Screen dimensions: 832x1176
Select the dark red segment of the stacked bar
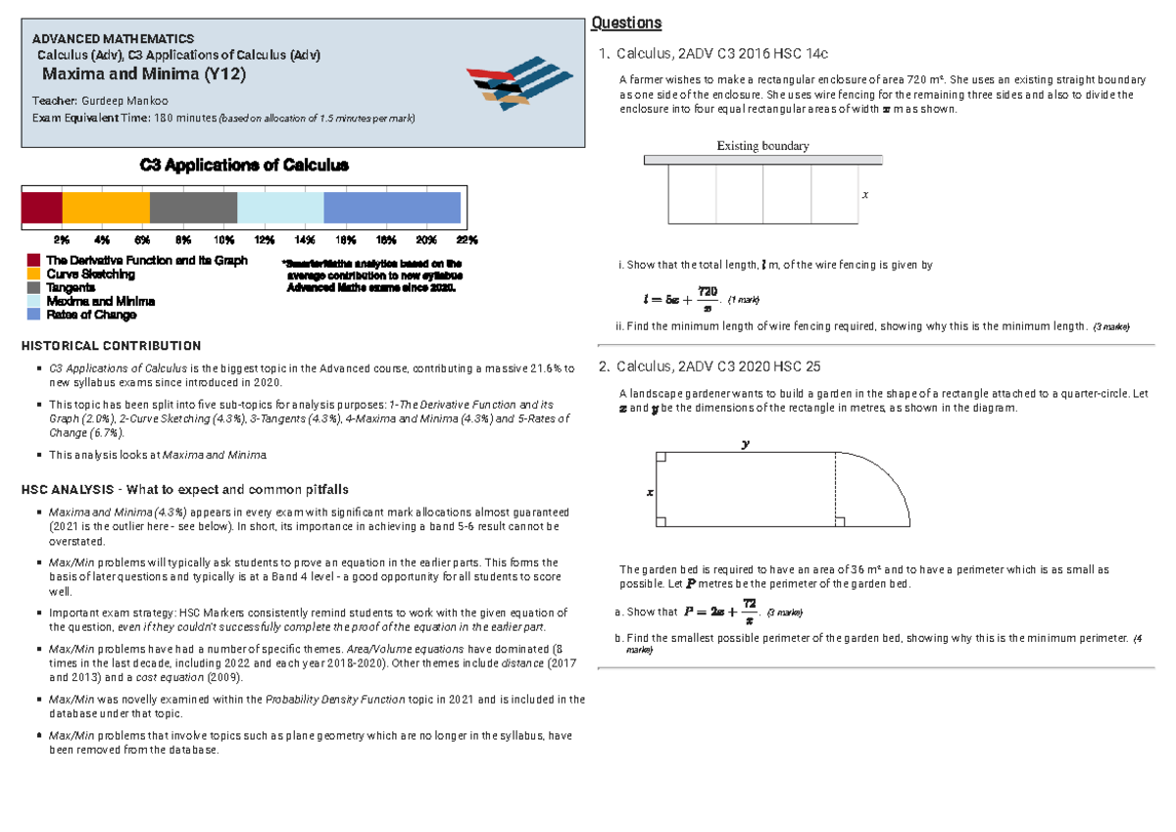coord(42,208)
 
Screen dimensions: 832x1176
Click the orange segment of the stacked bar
coord(106,208)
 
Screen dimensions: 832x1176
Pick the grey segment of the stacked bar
coord(193,208)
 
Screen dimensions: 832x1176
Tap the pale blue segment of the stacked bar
coord(280,208)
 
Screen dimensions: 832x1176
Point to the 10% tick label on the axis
coord(223,239)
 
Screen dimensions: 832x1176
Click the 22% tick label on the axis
coord(466,239)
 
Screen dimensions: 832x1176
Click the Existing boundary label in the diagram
coord(762,146)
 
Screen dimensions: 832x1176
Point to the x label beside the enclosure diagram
coord(864,195)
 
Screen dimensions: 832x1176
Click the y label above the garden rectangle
coord(745,444)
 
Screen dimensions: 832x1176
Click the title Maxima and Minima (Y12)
coord(143,74)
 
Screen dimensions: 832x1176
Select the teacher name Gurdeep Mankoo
coord(124,101)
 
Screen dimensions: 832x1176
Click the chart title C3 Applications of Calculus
coord(244,166)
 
